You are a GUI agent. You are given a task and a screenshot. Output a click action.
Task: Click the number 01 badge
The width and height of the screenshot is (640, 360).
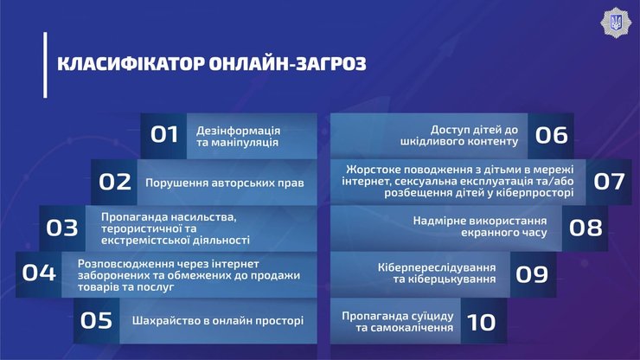click(x=164, y=135)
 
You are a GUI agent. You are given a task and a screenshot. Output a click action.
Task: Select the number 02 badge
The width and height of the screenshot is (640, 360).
click(x=114, y=182)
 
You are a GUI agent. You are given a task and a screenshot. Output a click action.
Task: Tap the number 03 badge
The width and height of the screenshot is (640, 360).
click(x=62, y=228)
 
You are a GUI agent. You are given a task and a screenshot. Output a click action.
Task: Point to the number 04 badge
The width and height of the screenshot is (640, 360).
click(x=39, y=273)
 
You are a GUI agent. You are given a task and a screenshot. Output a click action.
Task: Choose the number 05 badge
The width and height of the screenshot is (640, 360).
click(x=96, y=320)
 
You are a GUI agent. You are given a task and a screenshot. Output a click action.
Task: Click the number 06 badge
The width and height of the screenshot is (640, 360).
click(x=551, y=135)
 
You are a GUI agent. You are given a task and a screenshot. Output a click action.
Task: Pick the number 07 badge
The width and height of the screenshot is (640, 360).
click(x=609, y=182)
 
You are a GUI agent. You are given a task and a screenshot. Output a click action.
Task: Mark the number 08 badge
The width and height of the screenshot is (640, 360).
click(x=586, y=228)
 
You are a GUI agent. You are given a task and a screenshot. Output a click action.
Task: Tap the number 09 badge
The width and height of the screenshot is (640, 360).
click(x=532, y=274)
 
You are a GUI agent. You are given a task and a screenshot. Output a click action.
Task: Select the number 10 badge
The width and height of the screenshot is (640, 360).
click(x=481, y=321)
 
